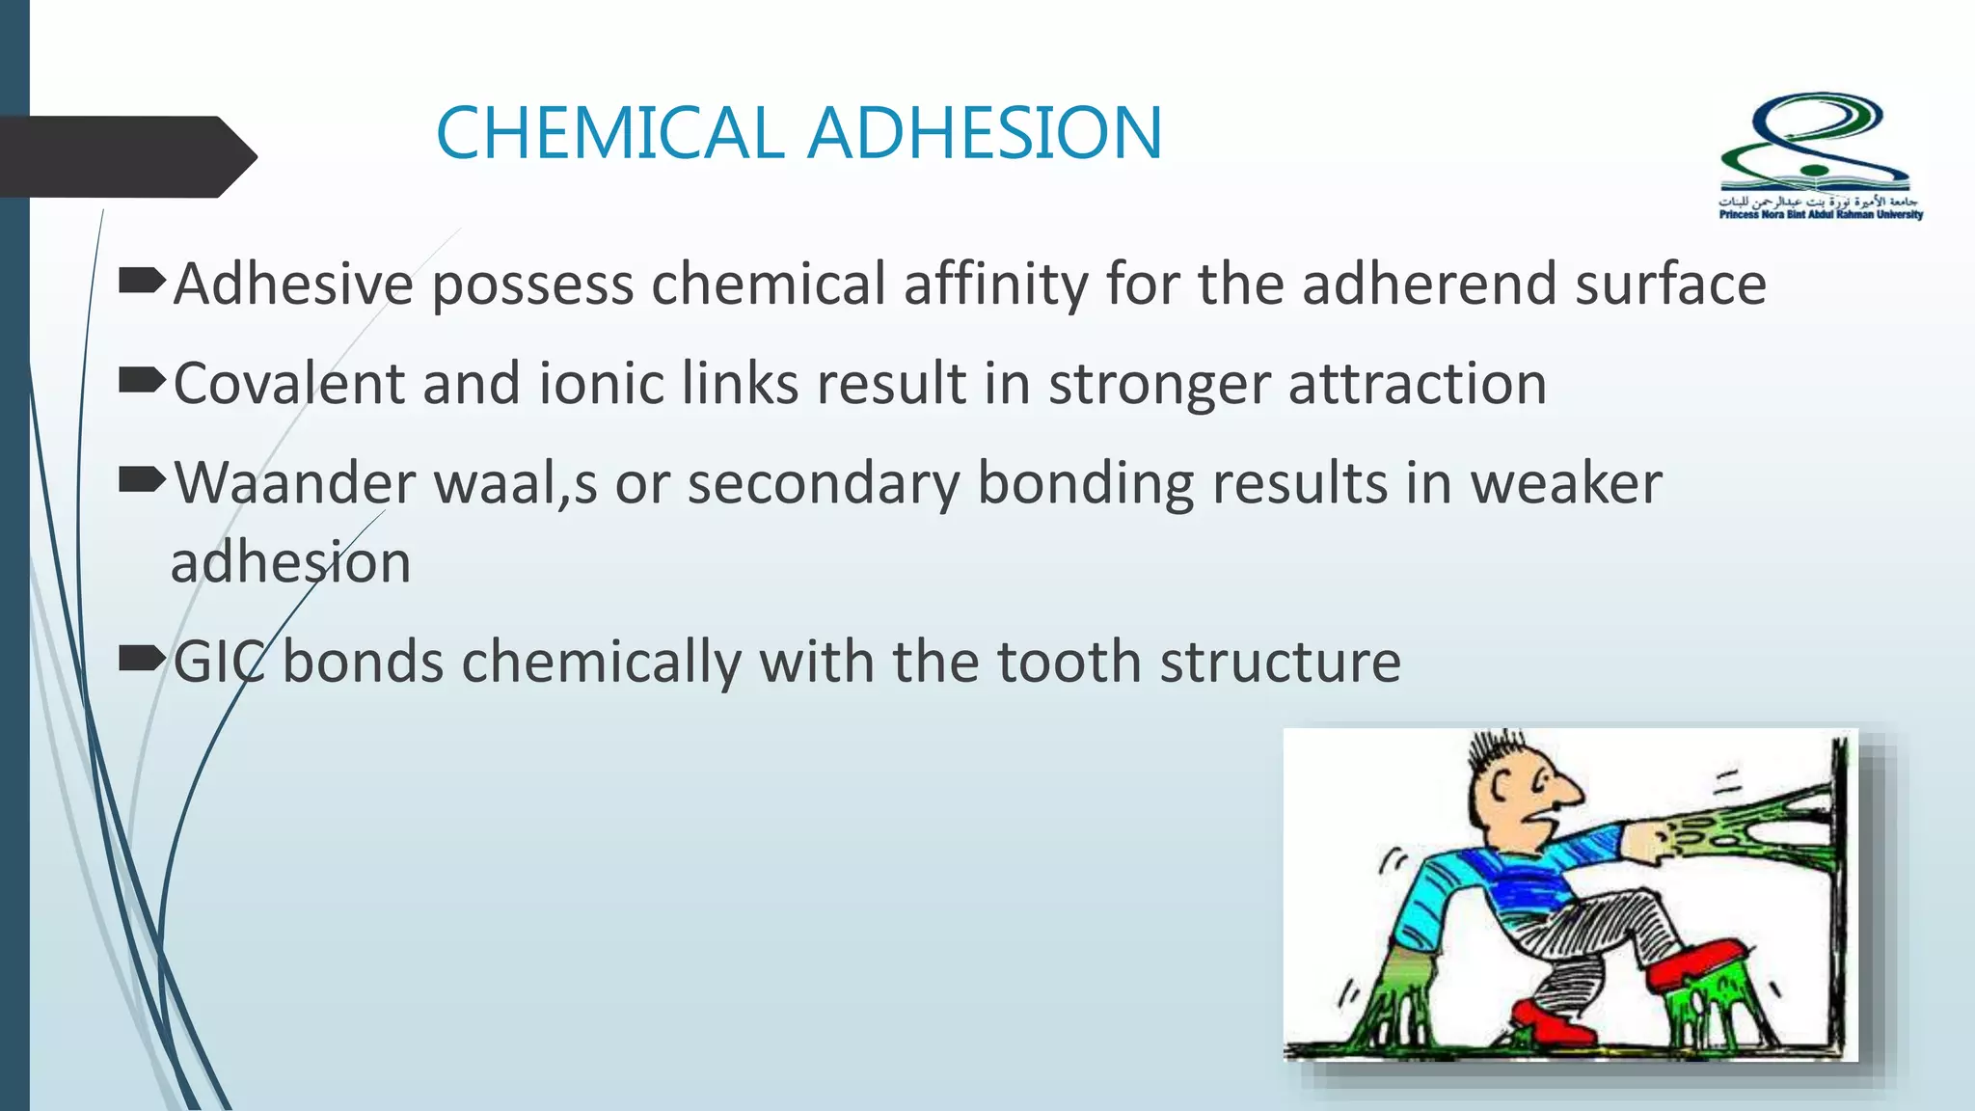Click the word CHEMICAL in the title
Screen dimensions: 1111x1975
tap(609, 133)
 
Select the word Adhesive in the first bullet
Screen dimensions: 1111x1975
tap(293, 285)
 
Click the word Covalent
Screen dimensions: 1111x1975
tap(288, 384)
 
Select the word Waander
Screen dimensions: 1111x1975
tap(295, 483)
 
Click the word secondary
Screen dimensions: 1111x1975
tap(824, 483)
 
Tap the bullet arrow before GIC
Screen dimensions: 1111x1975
tap(142, 659)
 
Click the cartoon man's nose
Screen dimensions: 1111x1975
tap(1567, 793)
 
